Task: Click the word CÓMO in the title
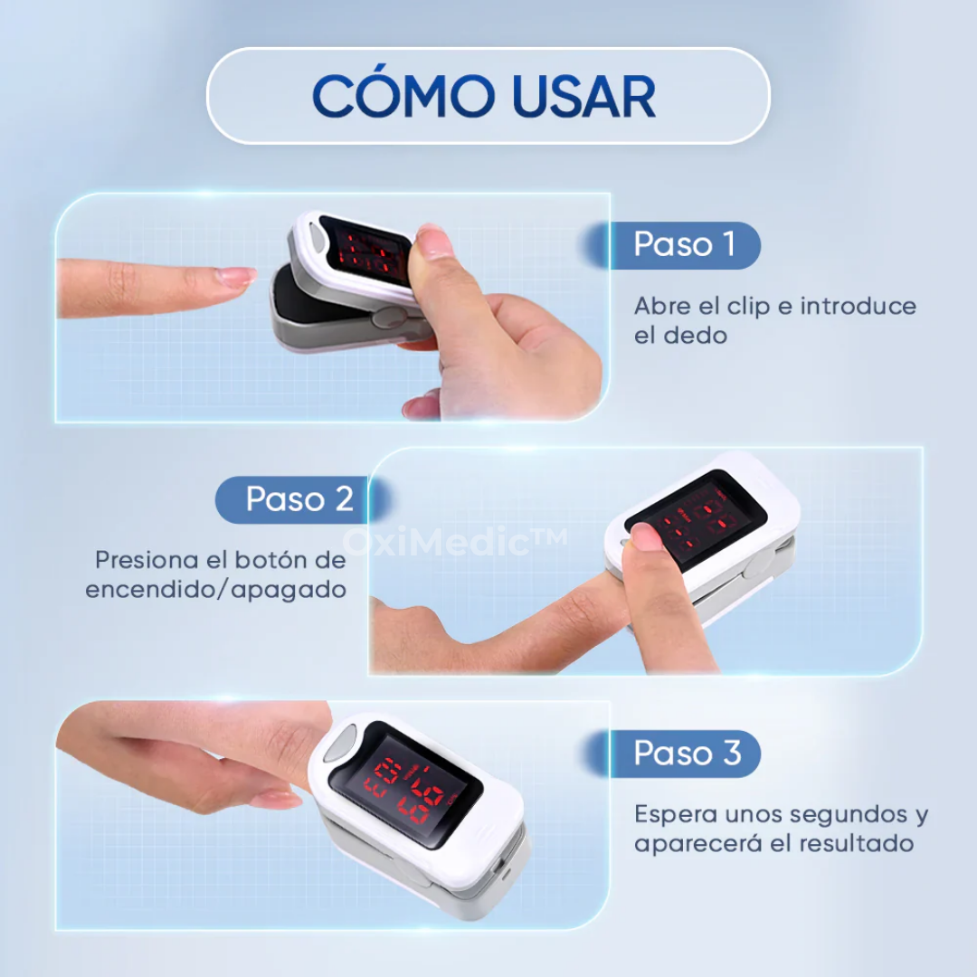(403, 96)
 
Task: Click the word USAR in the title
(583, 96)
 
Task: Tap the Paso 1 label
(684, 244)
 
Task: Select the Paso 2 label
(299, 498)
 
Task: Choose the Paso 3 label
(687, 753)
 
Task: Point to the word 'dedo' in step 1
(697, 335)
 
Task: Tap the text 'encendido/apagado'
(216, 589)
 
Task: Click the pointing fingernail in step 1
(237, 276)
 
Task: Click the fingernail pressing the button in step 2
(646, 536)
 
